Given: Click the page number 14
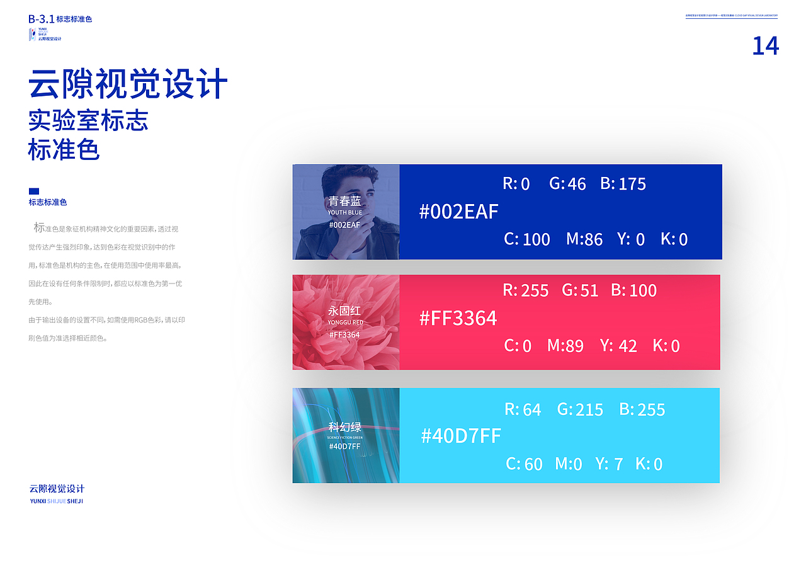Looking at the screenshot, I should point(765,46).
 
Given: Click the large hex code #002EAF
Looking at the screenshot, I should point(458,212).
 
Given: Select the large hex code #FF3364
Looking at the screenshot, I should point(458,318).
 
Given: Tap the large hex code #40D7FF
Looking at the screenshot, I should point(460,435).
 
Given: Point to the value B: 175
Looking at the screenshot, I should point(623,184).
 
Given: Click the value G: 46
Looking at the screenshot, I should point(567,184).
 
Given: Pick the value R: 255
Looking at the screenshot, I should point(525,290).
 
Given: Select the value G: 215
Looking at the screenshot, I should point(580,409).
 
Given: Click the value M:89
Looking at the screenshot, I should point(565,345).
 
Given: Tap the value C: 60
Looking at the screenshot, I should point(524,464).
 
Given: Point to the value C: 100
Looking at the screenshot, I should point(527,239).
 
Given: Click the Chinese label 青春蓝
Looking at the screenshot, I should point(345,201).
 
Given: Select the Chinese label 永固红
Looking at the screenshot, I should point(345,311).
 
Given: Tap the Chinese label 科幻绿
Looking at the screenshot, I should point(345,426).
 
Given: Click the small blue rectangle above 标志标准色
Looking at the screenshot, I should point(34,191).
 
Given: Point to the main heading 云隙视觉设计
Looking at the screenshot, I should point(128,85).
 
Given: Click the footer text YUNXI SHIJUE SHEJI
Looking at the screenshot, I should point(57,501).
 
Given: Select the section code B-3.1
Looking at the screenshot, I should point(41,19).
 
